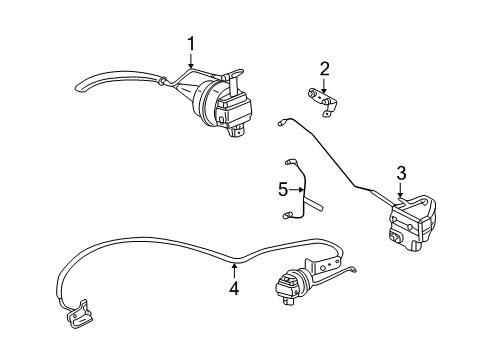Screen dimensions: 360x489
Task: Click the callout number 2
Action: tap(325, 68)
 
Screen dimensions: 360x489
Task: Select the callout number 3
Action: tap(400, 174)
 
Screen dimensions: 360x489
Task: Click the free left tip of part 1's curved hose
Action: tap(77, 89)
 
